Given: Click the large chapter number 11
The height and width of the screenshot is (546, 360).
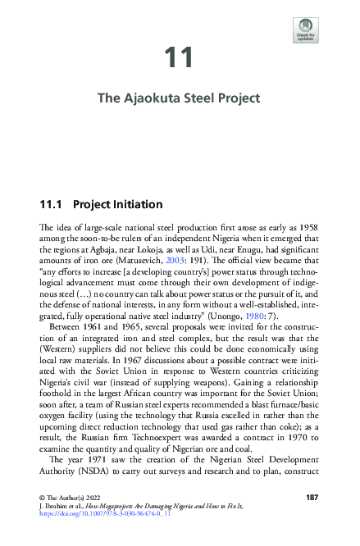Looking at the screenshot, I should [x=179, y=58].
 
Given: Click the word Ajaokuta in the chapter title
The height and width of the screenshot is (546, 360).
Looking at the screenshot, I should [x=156, y=99].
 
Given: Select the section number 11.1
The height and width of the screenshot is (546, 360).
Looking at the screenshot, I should [x=52, y=203].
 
